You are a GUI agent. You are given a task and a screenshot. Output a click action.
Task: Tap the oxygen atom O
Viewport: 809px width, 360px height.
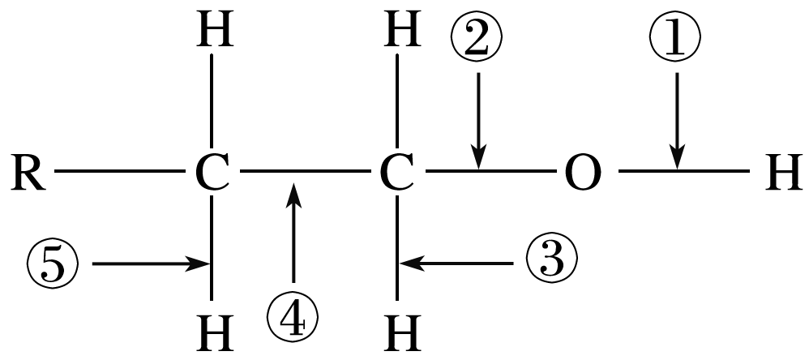point(581,174)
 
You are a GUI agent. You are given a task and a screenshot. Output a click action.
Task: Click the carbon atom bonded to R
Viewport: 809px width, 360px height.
point(212,174)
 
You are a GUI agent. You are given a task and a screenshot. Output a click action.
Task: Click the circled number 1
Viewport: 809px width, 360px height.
point(674,38)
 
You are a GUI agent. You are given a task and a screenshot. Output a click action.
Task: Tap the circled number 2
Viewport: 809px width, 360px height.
point(478,38)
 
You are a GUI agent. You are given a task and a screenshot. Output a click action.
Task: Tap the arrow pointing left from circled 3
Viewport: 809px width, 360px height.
point(458,262)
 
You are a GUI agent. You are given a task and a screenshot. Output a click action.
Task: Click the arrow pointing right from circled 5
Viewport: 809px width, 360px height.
point(150,264)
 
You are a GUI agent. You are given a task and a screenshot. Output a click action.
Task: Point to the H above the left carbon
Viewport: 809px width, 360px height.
point(212,32)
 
